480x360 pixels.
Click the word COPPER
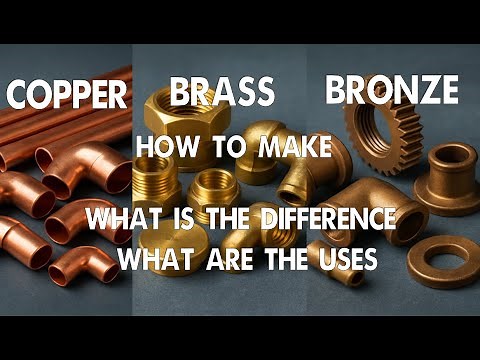[x=66, y=95]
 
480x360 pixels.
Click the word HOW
[x=163, y=147]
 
